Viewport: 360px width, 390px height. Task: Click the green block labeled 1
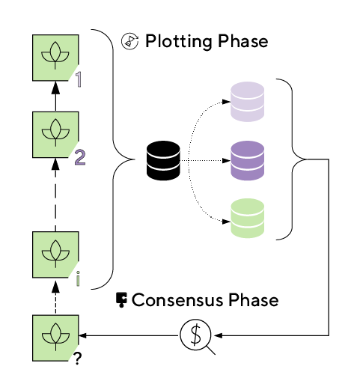pos(55,58)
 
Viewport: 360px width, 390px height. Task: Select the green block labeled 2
pos(55,135)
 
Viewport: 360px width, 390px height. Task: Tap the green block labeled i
pos(55,255)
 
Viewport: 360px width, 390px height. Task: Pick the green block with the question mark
pos(55,338)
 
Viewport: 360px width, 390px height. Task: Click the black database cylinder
pos(163,160)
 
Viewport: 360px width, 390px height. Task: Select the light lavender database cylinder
pos(247,102)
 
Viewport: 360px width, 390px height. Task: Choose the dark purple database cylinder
pos(247,160)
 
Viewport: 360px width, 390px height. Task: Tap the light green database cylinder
pos(247,218)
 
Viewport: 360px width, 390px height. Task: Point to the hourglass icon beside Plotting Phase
pos(129,41)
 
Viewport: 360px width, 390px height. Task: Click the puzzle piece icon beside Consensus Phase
pos(121,299)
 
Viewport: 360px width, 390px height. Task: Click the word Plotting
pos(179,42)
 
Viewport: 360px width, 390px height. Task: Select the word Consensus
pos(177,300)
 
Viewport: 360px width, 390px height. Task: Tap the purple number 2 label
pos(80,157)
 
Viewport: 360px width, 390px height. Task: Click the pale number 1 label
pos(79,79)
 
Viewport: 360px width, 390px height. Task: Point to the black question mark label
pos(78,359)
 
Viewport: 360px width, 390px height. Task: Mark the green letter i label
pos(78,278)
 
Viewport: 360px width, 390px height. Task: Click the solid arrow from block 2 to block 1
pos(55,97)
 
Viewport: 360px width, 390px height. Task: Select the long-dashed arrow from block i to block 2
pos(55,195)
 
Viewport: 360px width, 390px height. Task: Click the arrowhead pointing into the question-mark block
pos(82,335)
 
